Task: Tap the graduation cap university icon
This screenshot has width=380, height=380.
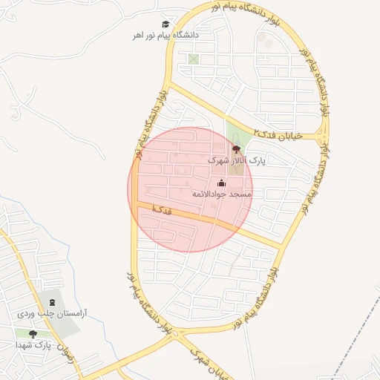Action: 166,24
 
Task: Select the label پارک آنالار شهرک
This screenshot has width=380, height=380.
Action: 236,160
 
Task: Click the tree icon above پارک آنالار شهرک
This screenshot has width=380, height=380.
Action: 236,149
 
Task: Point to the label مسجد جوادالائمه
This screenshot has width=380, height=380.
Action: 222,194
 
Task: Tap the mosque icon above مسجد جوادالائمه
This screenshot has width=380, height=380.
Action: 221,183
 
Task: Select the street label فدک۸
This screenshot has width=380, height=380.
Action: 161,210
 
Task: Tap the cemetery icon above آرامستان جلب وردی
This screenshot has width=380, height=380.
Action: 52,303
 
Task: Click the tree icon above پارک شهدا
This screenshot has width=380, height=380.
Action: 32,335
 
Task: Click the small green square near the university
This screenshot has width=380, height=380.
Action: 194,59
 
